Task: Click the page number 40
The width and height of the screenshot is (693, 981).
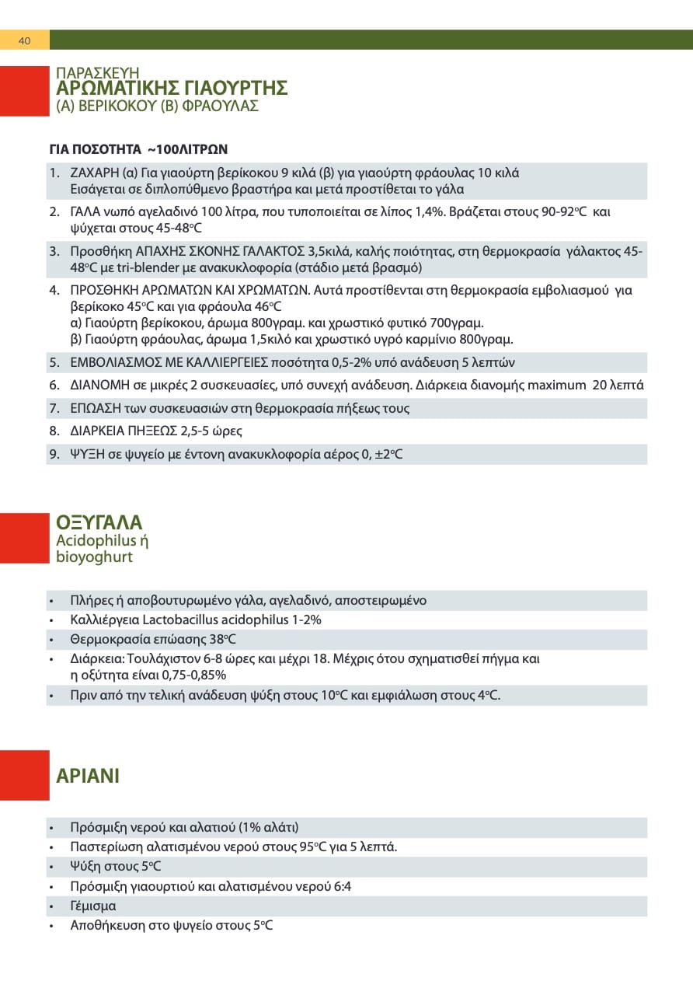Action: click(x=24, y=40)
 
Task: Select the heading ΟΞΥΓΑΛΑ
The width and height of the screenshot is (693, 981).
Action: click(x=99, y=522)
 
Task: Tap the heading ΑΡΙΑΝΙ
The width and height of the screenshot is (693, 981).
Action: click(x=88, y=775)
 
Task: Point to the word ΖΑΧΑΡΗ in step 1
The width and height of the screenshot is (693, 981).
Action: click(x=95, y=172)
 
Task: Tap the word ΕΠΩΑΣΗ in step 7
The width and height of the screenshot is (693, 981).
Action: click(x=94, y=408)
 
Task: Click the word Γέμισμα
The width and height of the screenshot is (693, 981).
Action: click(x=93, y=906)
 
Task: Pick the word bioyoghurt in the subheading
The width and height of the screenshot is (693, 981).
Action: click(x=95, y=557)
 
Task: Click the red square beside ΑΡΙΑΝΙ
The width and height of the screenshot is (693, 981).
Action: click(x=24, y=775)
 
